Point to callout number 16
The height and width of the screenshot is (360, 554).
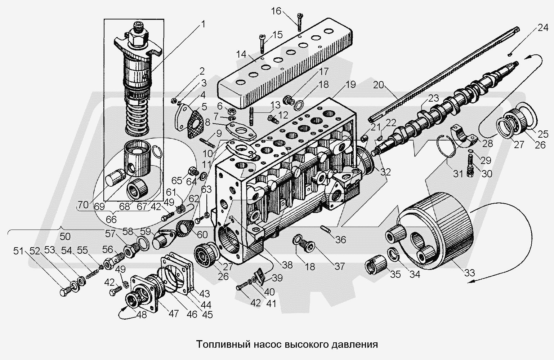(276, 11)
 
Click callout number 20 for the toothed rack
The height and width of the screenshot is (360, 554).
(379, 85)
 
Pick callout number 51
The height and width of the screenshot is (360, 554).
(18, 250)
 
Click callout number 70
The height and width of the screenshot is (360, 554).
(83, 205)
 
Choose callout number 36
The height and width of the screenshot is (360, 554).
(341, 240)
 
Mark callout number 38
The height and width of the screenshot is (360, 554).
(287, 265)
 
